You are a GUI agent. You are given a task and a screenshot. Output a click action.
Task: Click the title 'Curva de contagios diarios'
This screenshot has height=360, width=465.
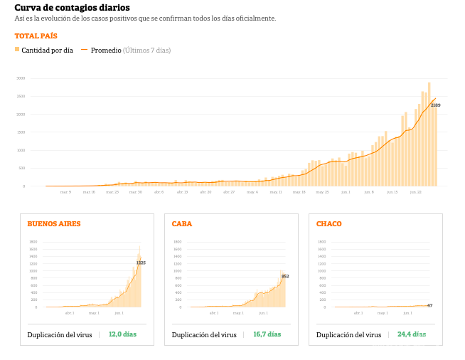pos(62,8)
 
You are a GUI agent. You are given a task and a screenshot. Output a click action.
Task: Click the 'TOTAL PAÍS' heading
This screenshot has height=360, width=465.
pos(36,36)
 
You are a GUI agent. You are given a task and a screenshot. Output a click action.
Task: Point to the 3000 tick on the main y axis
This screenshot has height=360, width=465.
pos(21,78)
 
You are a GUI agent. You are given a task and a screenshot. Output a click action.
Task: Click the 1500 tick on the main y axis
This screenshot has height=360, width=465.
pos(21,132)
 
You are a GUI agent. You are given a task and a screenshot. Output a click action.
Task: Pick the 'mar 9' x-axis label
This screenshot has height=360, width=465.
pos(65,191)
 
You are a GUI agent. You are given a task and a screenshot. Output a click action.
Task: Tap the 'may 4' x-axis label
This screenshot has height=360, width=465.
pos(252,191)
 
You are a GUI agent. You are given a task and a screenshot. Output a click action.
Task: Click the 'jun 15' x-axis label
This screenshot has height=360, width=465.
pos(391,191)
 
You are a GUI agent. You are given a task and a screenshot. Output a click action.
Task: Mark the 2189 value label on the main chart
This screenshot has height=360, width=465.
pos(436,105)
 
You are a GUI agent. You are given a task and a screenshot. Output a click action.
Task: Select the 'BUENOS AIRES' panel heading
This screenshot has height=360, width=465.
pos(54,223)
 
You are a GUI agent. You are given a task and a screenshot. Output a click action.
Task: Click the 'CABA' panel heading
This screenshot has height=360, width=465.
pos(182,223)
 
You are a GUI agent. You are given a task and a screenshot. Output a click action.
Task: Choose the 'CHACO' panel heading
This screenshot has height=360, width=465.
pos(329,223)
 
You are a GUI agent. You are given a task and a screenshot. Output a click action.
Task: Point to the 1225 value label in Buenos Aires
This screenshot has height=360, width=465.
pos(141,263)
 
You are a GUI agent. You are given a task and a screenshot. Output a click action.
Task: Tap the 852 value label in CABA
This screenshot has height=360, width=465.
pos(285,276)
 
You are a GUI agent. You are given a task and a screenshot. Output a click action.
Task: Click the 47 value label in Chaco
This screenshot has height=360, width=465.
pos(429,305)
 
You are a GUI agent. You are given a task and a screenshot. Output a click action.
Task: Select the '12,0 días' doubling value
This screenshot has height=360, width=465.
pos(122,334)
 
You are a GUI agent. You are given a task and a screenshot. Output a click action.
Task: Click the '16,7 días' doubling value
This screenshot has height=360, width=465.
pos(267,334)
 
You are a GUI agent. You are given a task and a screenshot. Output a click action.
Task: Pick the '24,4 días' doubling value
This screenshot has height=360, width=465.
pos(411,334)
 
